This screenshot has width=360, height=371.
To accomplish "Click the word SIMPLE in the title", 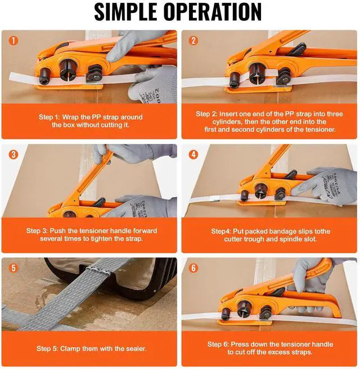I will click(x=126, y=13).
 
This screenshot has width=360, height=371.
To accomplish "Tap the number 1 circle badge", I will click(x=14, y=40).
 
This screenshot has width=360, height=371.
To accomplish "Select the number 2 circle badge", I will click(x=193, y=40).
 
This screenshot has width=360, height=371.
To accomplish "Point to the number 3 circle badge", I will click(x=14, y=154).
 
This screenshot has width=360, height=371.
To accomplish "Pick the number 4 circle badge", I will click(x=193, y=154).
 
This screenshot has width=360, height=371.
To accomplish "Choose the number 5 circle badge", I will click(x=14, y=268).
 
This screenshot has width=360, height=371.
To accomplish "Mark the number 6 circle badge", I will click(x=193, y=268).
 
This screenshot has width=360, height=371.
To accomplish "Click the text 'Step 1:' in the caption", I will click(x=51, y=117).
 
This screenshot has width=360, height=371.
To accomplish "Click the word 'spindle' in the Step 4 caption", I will click(x=305, y=239).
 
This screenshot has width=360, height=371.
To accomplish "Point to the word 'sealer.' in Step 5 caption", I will click(x=134, y=349).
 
